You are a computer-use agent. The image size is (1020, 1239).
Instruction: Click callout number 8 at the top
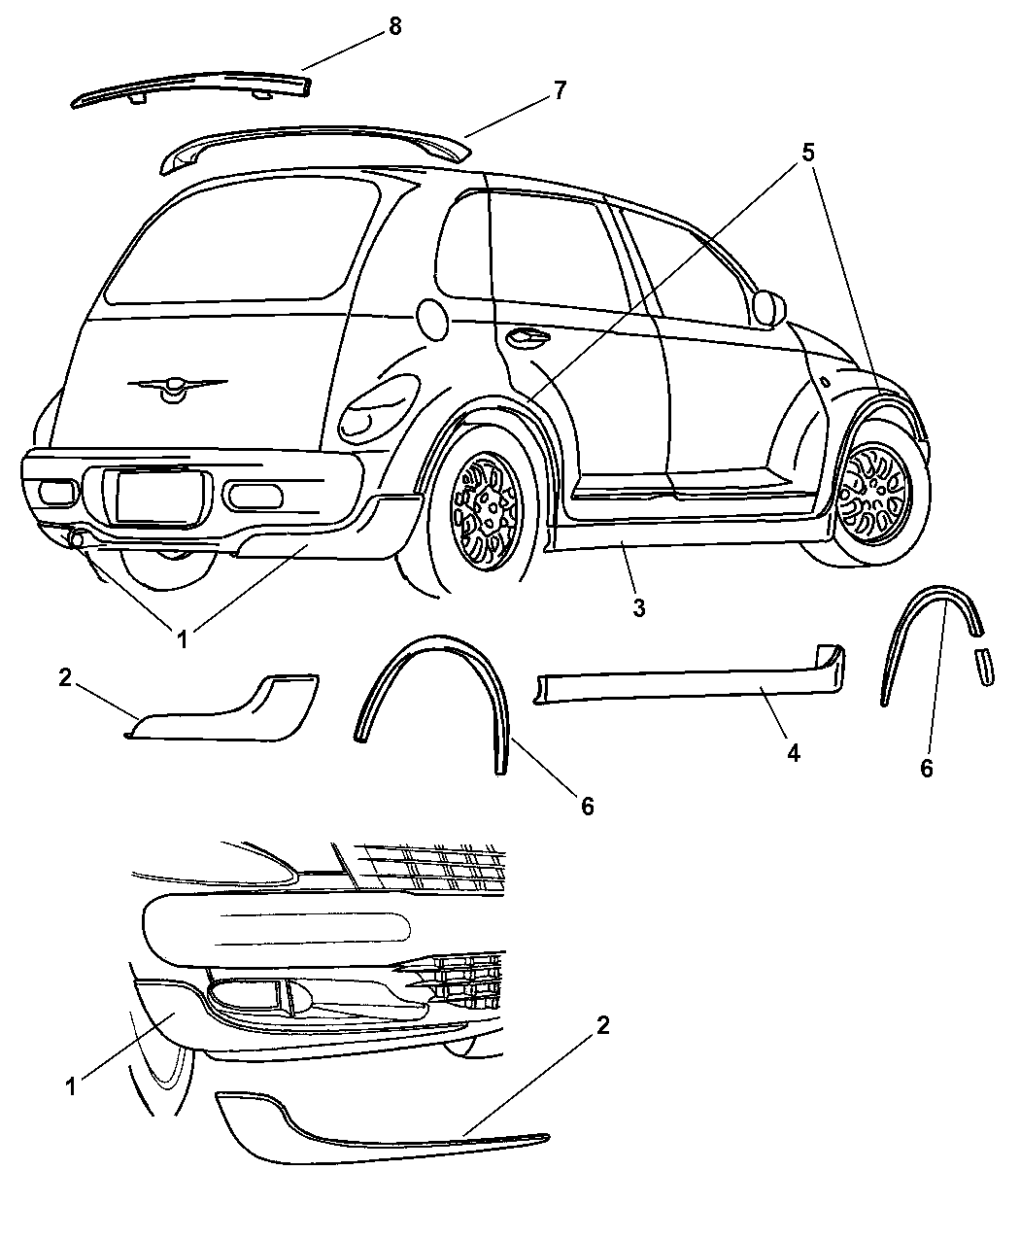pos(394,26)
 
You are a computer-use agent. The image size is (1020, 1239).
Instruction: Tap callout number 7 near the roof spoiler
pos(559,90)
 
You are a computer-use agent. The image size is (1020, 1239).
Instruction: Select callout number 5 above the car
pos(807,154)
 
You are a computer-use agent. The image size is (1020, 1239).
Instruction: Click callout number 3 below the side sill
pos(638,607)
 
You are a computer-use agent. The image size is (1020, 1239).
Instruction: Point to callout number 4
pos(794,753)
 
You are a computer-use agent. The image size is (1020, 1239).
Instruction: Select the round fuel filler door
pos(432,319)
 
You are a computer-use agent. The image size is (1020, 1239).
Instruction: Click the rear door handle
pos(527,337)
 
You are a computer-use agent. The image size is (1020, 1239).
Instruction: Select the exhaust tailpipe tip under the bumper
pos(77,538)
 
